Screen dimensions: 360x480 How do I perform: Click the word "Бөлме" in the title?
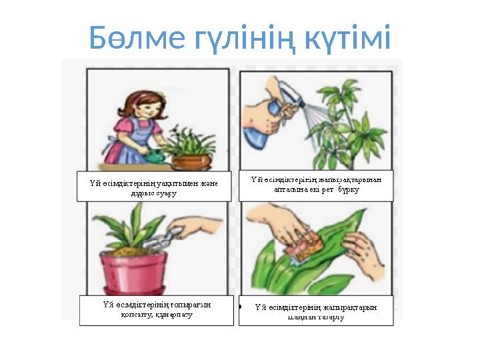[130, 39]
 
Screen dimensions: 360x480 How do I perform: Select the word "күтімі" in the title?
[341, 39]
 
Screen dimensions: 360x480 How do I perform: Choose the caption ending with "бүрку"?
[317, 183]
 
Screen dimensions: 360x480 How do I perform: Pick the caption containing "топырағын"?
[157, 310]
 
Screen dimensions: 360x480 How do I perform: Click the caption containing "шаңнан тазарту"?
[316, 312]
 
